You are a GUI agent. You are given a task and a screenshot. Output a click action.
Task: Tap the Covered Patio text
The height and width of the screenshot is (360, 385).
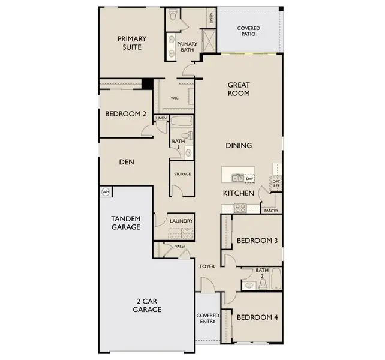248,31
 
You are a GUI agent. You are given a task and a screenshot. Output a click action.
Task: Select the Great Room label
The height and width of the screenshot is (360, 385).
239,89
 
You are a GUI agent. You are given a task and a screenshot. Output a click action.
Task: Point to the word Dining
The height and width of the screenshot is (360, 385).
239,145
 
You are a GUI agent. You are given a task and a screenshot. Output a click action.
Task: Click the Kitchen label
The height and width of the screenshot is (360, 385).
239,193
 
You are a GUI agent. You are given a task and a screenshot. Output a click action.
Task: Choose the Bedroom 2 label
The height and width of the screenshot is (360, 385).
126,114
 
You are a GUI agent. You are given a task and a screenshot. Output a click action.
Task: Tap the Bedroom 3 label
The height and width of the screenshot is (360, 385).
257,241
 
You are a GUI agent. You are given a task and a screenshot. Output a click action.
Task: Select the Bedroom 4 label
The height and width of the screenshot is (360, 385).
257,317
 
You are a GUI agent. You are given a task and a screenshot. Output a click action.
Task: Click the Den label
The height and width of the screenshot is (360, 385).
125,161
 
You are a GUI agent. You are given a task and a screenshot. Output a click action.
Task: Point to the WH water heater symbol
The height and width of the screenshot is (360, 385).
106,192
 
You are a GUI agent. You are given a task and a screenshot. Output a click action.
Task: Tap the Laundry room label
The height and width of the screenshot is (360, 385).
181,221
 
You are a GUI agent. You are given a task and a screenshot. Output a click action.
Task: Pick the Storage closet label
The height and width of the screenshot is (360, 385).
182,174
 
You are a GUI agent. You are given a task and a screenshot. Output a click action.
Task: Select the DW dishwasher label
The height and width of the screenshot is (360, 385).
249,178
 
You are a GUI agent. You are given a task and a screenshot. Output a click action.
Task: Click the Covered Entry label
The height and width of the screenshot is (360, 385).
208,319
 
